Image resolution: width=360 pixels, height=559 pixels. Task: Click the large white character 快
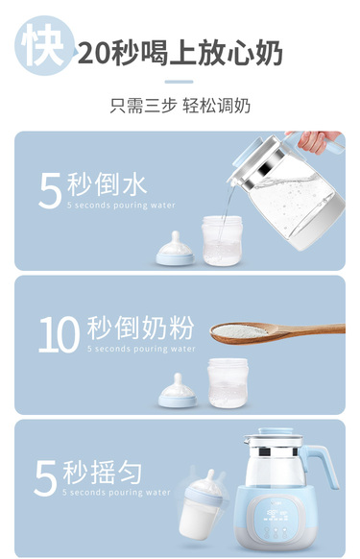43,45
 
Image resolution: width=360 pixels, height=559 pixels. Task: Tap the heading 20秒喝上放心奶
180,53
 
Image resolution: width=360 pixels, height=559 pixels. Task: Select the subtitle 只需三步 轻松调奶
180,106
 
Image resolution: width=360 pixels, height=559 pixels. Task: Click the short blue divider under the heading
179,82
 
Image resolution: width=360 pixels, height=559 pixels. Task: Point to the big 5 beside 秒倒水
50,191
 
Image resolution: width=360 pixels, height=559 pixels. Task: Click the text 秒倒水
108,184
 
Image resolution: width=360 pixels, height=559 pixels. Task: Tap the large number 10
59,335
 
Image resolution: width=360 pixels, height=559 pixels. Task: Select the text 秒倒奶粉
140,328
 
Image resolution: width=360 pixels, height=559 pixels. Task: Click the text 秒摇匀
103,472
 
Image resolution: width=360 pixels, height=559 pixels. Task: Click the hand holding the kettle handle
317,141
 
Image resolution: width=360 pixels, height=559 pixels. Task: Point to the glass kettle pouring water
289,192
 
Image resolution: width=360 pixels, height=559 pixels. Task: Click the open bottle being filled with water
222,241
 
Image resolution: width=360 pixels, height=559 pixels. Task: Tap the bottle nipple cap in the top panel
175,250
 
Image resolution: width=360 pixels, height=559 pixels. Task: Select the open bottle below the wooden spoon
228,383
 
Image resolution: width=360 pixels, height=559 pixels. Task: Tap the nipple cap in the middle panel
178,392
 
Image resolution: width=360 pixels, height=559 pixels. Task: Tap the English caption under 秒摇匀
116,493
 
